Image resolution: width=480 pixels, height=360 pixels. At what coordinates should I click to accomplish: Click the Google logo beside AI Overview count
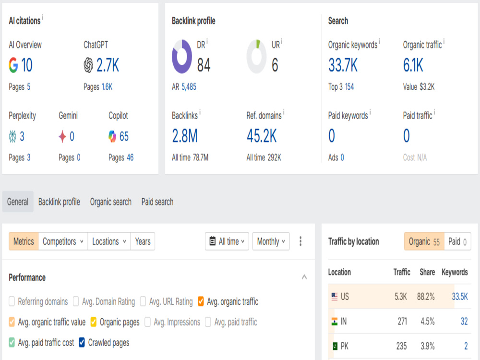pyautogui.click(x=13, y=65)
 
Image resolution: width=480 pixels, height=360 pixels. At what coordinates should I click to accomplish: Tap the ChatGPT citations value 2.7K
pyautogui.click(x=108, y=65)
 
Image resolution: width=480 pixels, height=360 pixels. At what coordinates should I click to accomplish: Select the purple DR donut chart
pyautogui.click(x=182, y=56)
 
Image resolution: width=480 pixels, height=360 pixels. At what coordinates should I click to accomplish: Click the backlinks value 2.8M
pyautogui.click(x=185, y=136)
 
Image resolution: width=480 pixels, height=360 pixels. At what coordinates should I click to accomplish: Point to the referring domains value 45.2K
pyautogui.click(x=262, y=136)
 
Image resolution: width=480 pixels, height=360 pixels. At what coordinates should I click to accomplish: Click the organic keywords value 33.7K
pyautogui.click(x=343, y=65)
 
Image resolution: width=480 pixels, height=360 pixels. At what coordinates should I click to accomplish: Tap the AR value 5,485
pyautogui.click(x=189, y=87)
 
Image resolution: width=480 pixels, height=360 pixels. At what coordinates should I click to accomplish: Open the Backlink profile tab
pyautogui.click(x=59, y=202)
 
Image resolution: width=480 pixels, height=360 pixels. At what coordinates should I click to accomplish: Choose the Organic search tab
pyautogui.click(x=110, y=202)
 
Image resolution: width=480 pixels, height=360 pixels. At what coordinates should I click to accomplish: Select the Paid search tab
pyautogui.click(x=157, y=202)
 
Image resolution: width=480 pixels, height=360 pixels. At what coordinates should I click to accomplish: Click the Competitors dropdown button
pyautogui.click(x=63, y=241)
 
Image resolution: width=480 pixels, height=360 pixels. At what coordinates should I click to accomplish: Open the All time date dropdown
pyautogui.click(x=227, y=241)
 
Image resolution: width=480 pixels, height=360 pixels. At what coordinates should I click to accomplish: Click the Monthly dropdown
pyautogui.click(x=271, y=241)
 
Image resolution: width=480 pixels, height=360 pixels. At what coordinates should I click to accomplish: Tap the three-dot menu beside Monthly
pyautogui.click(x=300, y=241)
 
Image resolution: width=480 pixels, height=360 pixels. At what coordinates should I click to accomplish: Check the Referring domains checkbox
pyautogui.click(x=12, y=301)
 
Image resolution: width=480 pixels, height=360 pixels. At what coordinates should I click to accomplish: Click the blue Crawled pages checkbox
pyautogui.click(x=82, y=343)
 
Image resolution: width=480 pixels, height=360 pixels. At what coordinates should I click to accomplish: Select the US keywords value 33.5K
pyautogui.click(x=460, y=296)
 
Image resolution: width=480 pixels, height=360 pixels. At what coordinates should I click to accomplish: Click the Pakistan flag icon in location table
pyautogui.click(x=335, y=346)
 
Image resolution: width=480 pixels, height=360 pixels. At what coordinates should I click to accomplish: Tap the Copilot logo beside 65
pyautogui.click(x=112, y=136)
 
